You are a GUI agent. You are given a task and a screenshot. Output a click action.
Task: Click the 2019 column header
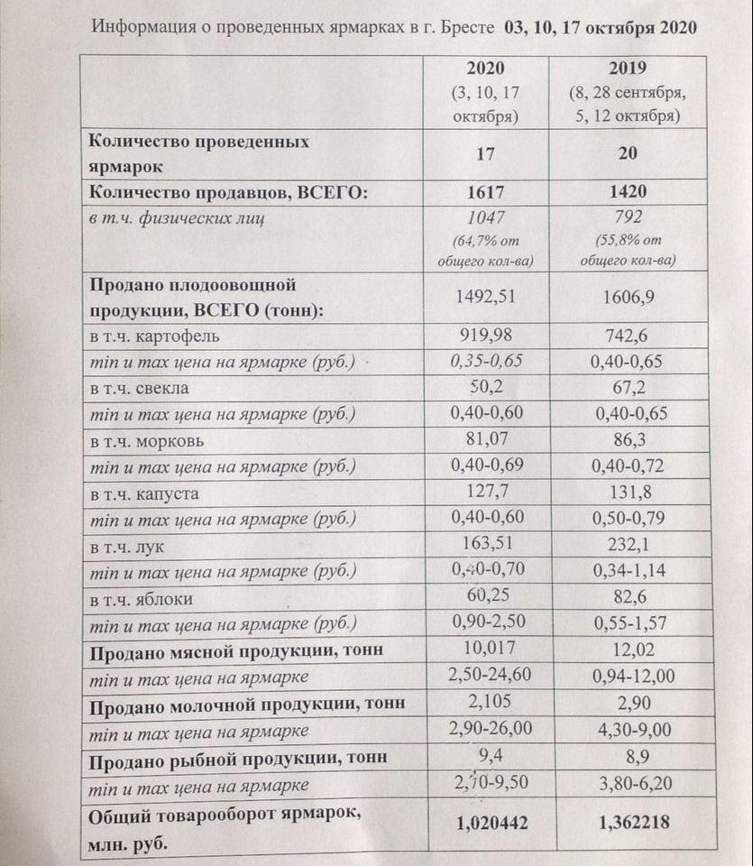(629, 69)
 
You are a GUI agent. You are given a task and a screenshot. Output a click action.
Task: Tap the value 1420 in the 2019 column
(629, 191)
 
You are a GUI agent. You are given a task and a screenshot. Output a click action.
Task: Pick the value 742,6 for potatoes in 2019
(629, 336)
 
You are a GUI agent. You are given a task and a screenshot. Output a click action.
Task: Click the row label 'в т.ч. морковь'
(146, 442)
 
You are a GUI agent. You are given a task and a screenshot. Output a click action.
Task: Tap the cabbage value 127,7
(485, 493)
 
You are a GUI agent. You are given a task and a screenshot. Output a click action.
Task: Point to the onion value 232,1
(629, 546)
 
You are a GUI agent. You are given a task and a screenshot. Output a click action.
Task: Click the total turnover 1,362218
(629, 822)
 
